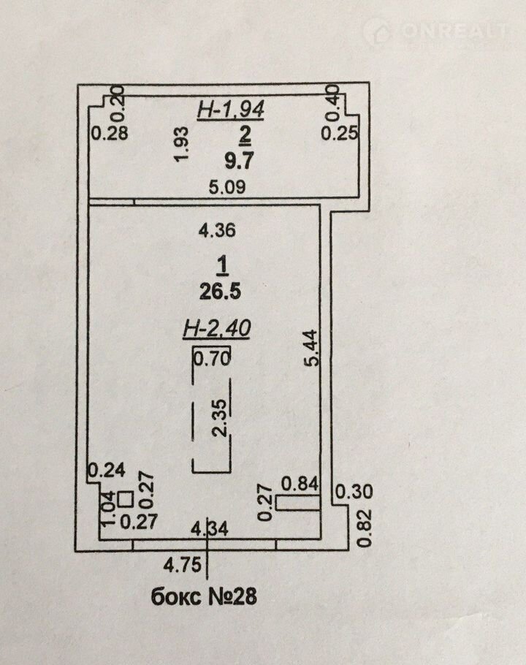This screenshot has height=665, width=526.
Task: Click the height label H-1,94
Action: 231,110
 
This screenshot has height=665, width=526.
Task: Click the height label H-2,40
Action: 216,330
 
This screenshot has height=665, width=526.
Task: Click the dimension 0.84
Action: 299,483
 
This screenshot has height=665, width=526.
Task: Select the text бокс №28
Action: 205,597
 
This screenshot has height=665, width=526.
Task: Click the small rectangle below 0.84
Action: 299,503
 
